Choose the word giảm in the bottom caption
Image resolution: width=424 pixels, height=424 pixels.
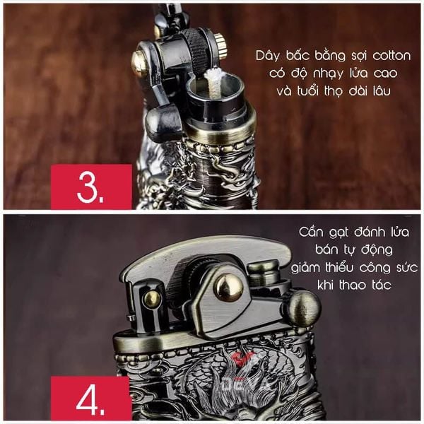pyautogui.click(x=305, y=269)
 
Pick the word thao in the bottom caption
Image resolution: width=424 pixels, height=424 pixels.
pyautogui.click(x=354, y=285)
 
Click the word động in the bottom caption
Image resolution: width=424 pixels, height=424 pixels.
pyautogui.click(x=378, y=249)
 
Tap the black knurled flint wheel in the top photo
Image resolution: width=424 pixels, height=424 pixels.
pyautogui.click(x=197, y=47)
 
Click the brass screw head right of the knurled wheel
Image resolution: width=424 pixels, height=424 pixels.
pyautogui.click(x=220, y=46)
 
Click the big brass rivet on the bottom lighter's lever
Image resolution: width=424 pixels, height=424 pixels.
pyautogui.click(x=229, y=288)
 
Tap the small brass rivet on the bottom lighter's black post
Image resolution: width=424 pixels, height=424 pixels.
pyautogui.click(x=152, y=299)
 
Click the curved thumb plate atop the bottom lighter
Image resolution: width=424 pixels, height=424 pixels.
pyautogui.click(x=206, y=253)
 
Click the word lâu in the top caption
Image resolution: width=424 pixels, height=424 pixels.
pyautogui.click(x=382, y=90)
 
